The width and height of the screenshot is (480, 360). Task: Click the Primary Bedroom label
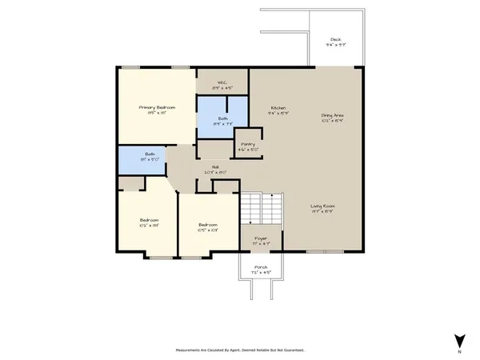click(157, 107)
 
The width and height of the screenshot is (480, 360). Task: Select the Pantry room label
click(247, 144)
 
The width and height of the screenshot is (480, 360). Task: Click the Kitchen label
click(278, 108)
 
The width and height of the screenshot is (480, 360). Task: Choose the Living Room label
click(323, 206)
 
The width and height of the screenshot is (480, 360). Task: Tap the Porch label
click(262, 267)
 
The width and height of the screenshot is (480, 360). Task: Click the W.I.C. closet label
click(222, 83)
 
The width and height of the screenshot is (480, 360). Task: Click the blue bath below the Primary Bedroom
click(141, 159)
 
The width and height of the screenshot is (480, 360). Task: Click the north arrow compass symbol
click(458, 340)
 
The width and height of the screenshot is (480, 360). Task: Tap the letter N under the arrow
click(458, 352)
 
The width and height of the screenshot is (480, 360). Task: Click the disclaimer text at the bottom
click(239, 350)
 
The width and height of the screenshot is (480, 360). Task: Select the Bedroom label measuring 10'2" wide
click(150, 220)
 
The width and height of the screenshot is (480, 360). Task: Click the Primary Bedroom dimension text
click(157, 113)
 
